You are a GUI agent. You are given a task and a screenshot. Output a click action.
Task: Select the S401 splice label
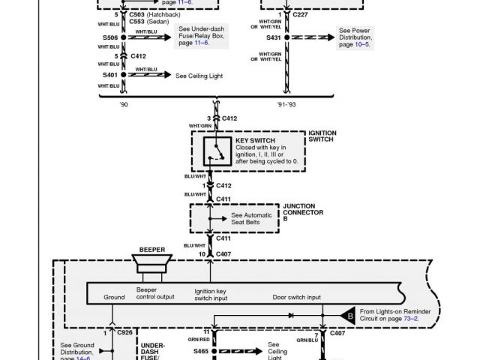pos(109,75)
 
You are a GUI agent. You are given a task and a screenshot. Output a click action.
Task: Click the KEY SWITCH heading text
pos(255,140)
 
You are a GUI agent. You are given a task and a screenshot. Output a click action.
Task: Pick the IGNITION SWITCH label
pos(323,136)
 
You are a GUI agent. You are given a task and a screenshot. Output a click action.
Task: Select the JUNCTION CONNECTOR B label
pos(303,212)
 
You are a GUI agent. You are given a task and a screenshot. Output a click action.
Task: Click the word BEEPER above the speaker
pos(152,250)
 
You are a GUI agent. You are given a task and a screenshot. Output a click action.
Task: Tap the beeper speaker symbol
pos(152,265)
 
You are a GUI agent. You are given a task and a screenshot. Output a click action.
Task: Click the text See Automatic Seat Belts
pos(252,218)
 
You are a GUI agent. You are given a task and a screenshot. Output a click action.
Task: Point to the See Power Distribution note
pos(356,37)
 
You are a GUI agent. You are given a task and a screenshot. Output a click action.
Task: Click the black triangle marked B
pos(346,315)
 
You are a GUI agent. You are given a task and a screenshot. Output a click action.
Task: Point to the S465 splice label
pos(201,351)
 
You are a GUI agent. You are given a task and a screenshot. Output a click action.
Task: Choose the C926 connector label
pos(125,331)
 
